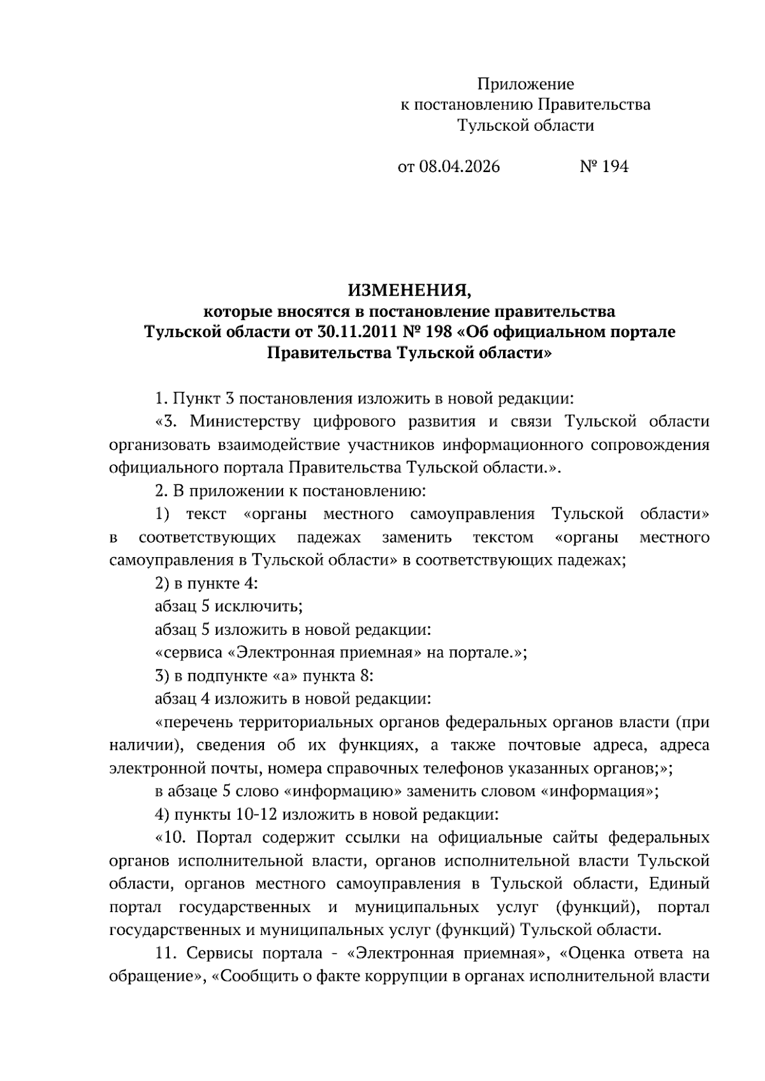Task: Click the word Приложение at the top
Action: pyautogui.click(x=525, y=84)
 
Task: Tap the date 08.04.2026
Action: pyautogui.click(x=460, y=167)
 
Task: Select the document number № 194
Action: pyautogui.click(x=604, y=167)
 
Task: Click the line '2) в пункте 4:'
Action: pyautogui.click(x=206, y=584)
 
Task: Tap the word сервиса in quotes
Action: pyautogui.click(x=193, y=653)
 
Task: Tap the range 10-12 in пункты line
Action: pyautogui.click(x=257, y=815)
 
